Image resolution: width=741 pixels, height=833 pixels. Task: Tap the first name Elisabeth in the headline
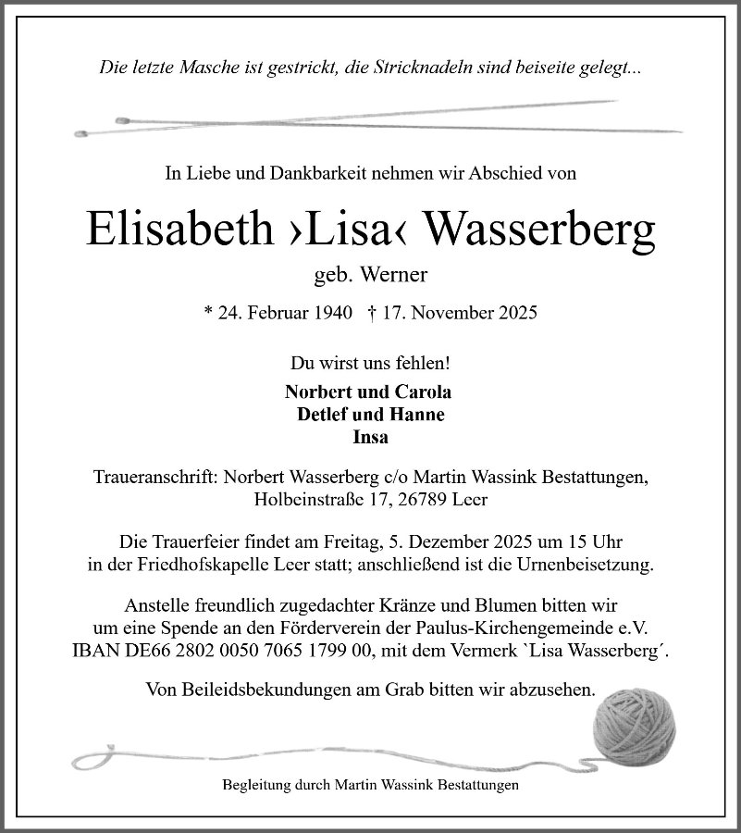pyautogui.click(x=175, y=228)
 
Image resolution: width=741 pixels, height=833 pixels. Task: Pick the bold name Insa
pyautogui.click(x=370, y=437)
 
